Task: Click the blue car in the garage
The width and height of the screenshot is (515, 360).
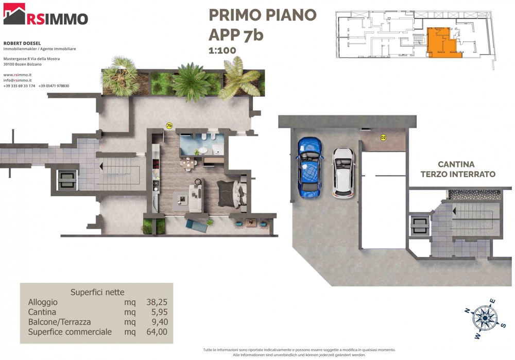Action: tap(310, 167)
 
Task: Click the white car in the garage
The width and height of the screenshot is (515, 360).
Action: tap(343, 173)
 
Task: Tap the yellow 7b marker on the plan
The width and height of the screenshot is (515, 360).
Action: tap(169, 126)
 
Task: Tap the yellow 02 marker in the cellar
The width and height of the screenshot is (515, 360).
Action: tap(383, 138)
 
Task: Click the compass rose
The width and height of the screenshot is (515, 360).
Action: tap(485, 318)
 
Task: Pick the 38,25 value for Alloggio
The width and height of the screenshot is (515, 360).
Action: tap(157, 302)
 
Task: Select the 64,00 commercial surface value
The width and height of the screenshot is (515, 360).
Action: tap(157, 332)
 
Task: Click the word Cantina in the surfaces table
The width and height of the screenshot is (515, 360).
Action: tap(42, 312)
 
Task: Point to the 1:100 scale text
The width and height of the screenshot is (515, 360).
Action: tap(222, 50)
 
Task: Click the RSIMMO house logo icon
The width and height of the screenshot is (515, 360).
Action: tap(14, 14)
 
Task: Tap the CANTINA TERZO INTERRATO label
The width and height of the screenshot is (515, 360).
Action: tap(458, 169)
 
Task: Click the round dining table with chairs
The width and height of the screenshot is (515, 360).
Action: tap(188, 164)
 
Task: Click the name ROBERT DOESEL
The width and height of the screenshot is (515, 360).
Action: tap(22, 43)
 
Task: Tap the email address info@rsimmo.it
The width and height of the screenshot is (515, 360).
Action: tap(18, 80)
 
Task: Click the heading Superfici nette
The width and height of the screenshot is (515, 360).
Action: tap(97, 293)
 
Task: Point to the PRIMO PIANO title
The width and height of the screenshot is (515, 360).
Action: tap(263, 15)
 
